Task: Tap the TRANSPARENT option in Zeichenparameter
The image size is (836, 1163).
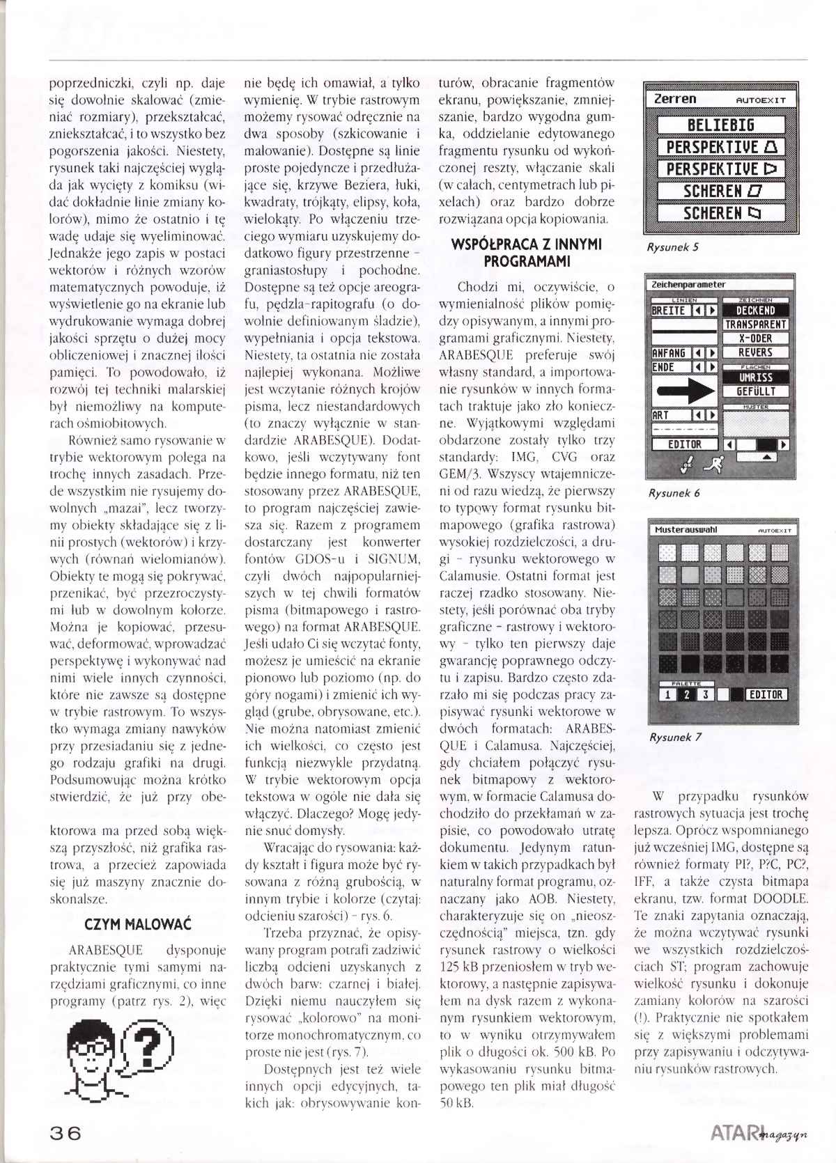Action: click(755, 325)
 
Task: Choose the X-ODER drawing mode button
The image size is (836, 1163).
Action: click(755, 338)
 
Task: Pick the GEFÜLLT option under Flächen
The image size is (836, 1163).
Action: click(755, 391)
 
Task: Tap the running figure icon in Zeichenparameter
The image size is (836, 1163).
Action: click(712, 462)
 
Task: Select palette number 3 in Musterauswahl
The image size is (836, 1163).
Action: click(705, 694)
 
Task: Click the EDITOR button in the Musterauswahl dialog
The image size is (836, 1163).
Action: click(766, 694)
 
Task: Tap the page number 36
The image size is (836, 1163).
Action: click(65, 1132)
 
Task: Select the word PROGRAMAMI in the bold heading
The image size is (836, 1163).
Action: click(527, 262)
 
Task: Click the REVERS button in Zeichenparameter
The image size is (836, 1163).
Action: click(755, 352)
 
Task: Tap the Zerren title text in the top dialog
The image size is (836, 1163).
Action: click(675, 99)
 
